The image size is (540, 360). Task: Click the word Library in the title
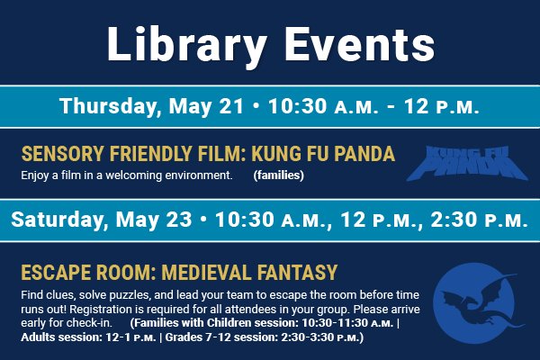point(187,46)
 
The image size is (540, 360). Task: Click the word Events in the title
point(360,44)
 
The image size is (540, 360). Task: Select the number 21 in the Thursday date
point(231,106)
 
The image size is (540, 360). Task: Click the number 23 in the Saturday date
point(179,220)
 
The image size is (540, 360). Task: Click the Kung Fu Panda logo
point(467,163)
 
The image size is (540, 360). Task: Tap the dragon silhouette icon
point(479,303)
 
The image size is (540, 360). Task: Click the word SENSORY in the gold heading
point(63,154)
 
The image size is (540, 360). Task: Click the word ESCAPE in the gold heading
point(55,273)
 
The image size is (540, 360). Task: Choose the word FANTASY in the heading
point(298,273)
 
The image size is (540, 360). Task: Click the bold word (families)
point(279,175)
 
